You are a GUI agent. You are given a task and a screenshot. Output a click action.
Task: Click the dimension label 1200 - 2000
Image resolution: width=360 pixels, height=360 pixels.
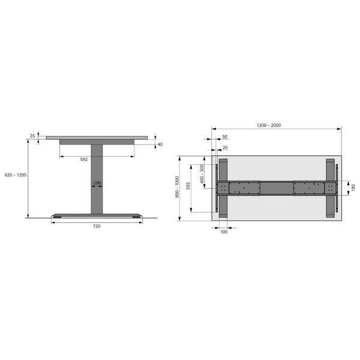[269, 125]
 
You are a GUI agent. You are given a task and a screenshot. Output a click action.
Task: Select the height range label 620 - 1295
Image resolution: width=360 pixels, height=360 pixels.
[16, 175]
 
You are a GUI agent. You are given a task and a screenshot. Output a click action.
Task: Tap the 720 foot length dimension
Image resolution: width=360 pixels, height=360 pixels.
[97, 226]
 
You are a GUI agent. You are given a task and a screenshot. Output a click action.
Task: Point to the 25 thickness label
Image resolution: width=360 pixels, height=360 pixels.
[32, 136]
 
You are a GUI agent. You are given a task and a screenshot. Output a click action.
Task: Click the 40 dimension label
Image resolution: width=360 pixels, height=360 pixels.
[160, 145]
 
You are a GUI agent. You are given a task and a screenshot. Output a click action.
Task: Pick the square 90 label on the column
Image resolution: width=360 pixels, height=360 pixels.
[97, 183]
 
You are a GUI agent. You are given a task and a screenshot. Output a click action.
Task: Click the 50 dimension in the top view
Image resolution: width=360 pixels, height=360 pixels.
[224, 137]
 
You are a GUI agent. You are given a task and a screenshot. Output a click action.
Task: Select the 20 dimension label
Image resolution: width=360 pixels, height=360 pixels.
[225, 148]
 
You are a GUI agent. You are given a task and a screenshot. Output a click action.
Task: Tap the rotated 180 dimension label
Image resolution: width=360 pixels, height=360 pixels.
[353, 187]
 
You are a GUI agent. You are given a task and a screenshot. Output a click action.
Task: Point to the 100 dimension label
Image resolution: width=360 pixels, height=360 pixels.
[224, 232]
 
